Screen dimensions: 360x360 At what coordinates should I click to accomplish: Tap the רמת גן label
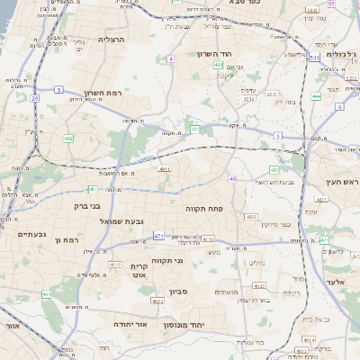click(x=67, y=240)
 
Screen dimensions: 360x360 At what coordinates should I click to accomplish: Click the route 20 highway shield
click(x=34, y=98)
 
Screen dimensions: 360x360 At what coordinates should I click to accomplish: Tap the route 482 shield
click(x=67, y=138)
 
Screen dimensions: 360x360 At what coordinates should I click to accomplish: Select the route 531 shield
click(x=314, y=58)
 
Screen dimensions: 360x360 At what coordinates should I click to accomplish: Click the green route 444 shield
click(x=316, y=95)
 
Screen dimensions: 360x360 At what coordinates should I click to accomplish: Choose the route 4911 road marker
click(x=164, y=168)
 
